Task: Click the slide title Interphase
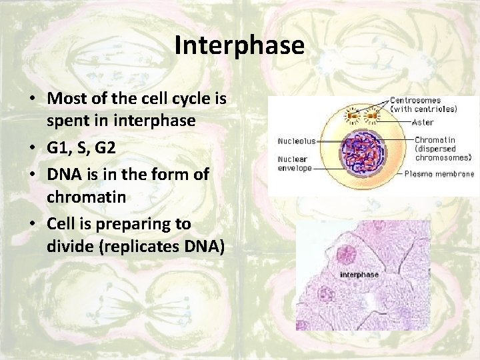239,45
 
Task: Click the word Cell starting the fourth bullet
61,223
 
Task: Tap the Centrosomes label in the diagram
415,101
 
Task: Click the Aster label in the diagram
423,123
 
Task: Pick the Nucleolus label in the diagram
296,141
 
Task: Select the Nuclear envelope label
294,164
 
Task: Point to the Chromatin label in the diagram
432,140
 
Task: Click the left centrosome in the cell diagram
351,118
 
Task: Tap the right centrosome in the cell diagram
371,118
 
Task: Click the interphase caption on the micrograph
359,275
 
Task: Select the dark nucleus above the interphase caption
347,253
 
